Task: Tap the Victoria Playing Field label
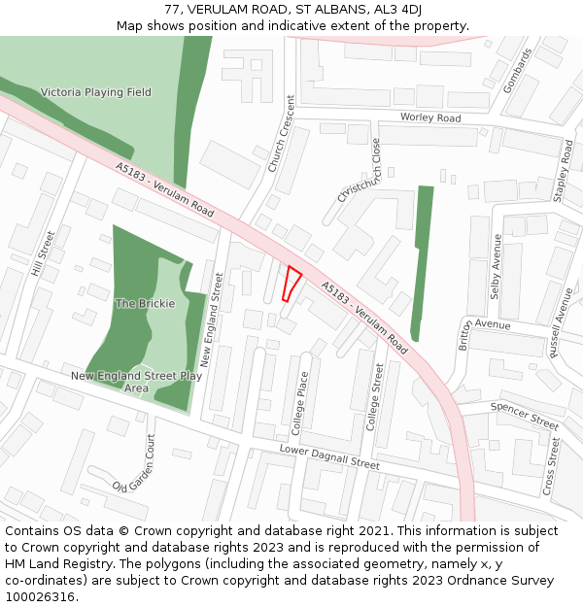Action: click(x=96, y=92)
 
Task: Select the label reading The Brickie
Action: click(x=145, y=303)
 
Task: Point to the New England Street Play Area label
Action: click(x=136, y=382)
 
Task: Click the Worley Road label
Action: click(x=430, y=118)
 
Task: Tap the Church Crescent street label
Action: click(x=282, y=134)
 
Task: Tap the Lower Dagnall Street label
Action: click(x=328, y=457)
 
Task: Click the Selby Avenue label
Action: click(x=497, y=265)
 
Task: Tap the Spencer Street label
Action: click(x=525, y=415)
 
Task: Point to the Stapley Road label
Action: click(x=564, y=171)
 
